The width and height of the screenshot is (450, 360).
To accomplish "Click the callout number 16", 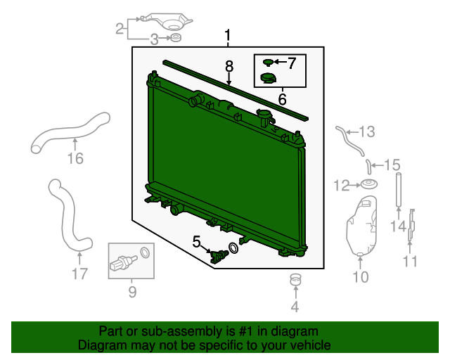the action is coord(75,158).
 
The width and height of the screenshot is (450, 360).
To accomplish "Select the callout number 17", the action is coord(79,274).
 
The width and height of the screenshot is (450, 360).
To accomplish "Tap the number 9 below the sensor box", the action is coord(132,292).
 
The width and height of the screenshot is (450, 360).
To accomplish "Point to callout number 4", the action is coord(295,307).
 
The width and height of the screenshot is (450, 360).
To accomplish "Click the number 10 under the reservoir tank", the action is coord(361,277).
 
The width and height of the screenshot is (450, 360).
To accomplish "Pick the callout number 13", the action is coord(367,131).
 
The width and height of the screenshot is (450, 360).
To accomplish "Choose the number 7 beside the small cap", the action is coord(292,63).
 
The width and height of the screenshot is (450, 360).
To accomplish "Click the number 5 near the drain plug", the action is coord(196,242).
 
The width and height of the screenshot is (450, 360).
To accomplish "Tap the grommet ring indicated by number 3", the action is coord(176,37).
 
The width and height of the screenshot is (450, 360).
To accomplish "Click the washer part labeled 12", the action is coord(368,184).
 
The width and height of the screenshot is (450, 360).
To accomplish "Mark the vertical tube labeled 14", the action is coord(399,189).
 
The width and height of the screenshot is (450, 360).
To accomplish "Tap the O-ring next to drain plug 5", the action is coord(233,248).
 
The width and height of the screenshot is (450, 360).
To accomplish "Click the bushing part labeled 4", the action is coord(295,280).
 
